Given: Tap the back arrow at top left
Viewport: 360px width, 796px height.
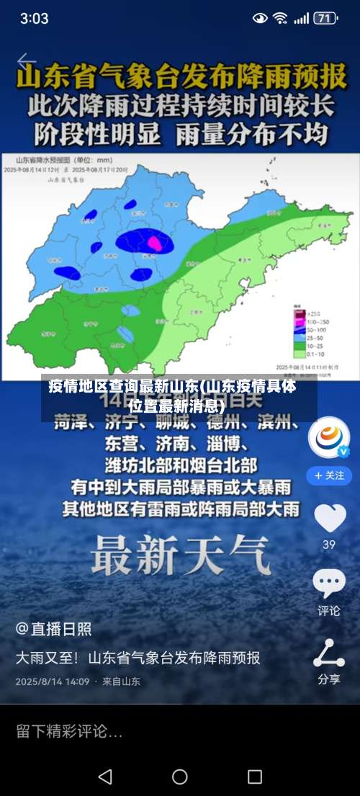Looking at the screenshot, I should tap(27, 61).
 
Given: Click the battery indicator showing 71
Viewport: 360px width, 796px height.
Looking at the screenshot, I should tap(325, 18).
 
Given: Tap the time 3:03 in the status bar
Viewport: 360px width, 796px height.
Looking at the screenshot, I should tap(34, 18).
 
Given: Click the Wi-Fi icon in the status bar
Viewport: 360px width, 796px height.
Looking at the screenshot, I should tap(280, 18).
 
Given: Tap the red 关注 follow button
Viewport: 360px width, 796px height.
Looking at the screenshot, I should tap(329, 475).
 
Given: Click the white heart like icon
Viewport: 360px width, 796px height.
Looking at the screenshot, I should tap(329, 517).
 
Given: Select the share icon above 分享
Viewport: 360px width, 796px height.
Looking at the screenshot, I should tap(329, 652).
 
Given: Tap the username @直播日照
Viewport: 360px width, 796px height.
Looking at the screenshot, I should tap(54, 629).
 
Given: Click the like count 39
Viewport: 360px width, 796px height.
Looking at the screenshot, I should tap(329, 545).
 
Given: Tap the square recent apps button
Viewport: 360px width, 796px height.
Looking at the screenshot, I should tap(254, 777).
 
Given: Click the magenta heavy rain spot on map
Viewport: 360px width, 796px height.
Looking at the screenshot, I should tap(153, 243).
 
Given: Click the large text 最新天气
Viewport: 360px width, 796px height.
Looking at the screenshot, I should tap(180, 556).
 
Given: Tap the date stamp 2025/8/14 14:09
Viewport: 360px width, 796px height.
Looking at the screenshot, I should tap(53, 681).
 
